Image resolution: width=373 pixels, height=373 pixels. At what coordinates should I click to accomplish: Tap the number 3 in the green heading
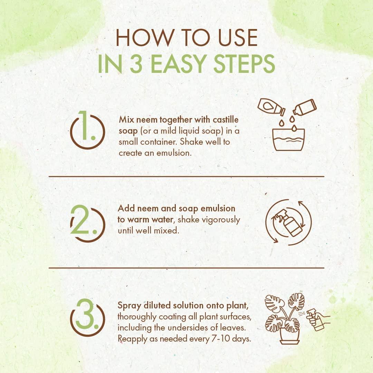pos(136,64)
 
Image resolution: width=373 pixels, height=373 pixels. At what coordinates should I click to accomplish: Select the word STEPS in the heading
pos(244,64)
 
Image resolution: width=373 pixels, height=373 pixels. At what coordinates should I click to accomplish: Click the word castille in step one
pos(226,119)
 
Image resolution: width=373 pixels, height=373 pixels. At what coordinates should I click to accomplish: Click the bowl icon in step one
pos(288,140)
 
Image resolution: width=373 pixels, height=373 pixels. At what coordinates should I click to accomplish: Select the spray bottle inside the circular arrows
pos(288,222)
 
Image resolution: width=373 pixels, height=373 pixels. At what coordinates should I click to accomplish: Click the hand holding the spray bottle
pos(319,319)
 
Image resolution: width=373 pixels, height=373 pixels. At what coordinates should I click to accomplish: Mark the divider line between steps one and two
pos(186,176)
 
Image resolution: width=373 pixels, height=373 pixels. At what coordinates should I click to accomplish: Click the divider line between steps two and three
pos(186,268)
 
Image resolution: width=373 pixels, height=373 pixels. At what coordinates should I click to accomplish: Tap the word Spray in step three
pos(130,306)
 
